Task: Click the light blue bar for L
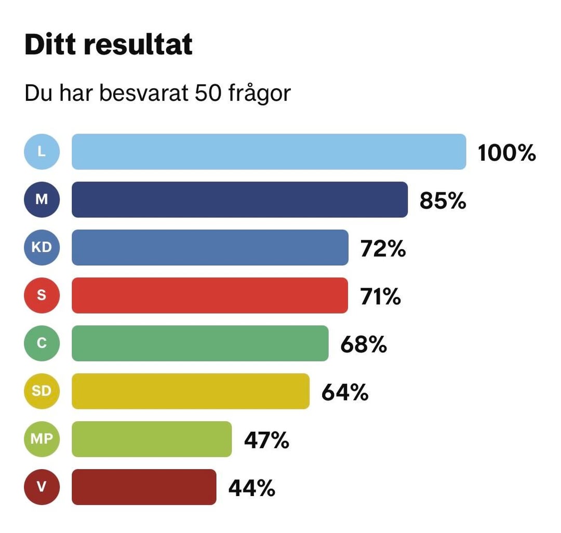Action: (269, 152)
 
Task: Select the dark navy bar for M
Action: (239, 200)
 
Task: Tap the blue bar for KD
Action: (210, 248)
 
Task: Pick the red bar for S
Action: (210, 295)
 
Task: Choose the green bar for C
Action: (200, 343)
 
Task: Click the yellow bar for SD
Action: (190, 391)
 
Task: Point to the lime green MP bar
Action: (152, 439)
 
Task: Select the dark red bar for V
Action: (144, 487)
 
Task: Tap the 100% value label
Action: (506, 153)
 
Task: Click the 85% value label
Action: (443, 201)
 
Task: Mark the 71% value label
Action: (381, 296)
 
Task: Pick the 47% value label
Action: (266, 440)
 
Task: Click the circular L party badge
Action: (42, 152)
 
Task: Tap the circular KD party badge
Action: (42, 248)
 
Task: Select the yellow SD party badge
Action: (42, 391)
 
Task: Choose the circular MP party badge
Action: (42, 439)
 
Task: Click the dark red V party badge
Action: (42, 487)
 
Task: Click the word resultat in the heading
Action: (139, 45)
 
